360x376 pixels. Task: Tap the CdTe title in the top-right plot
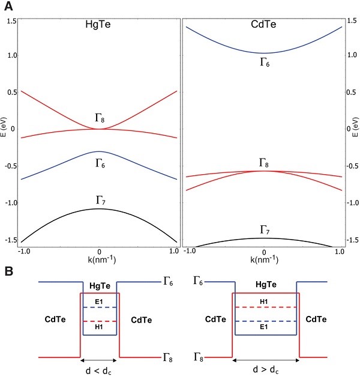click(x=263, y=27)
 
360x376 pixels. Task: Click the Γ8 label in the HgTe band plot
click(x=100, y=118)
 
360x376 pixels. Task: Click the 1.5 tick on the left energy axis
click(x=11, y=21)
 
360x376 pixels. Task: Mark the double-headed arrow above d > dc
click(x=265, y=360)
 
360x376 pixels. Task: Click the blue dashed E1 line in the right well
click(x=265, y=321)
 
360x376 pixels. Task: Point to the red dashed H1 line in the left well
click(x=100, y=321)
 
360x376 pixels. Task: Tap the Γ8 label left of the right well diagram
click(x=199, y=357)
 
